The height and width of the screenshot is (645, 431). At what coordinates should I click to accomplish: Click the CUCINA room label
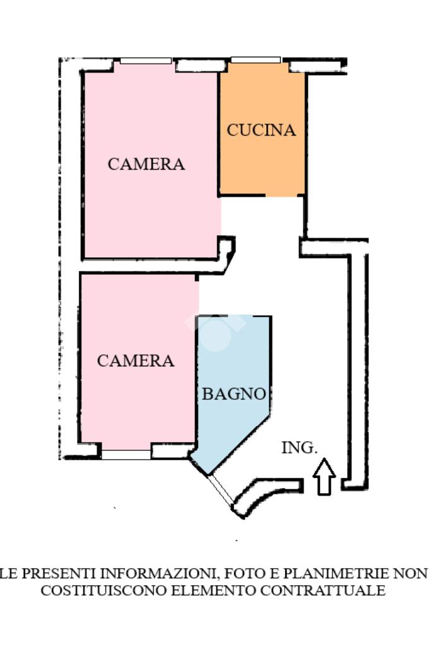261,131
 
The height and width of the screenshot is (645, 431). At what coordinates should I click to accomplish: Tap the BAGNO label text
233,394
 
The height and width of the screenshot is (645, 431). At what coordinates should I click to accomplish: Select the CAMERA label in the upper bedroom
146,164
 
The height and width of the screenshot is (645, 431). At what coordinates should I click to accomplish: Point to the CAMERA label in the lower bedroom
136,361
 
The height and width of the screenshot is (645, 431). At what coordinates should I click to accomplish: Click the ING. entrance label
298,448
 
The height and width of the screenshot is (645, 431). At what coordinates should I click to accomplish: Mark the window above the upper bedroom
146,61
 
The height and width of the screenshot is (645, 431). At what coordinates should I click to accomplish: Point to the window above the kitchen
256,60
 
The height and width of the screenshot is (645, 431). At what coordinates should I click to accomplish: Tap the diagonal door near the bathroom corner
221,490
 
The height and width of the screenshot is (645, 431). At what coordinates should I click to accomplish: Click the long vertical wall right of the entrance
358,366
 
